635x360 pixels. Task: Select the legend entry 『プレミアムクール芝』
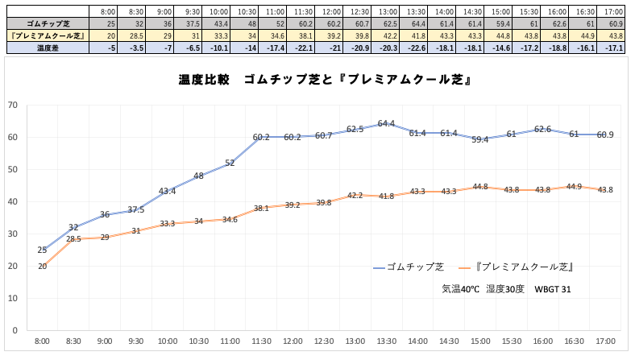pyautogui.click(x=523, y=267)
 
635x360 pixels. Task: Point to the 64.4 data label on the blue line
pyautogui.click(x=386, y=124)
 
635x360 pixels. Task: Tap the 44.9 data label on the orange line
pyautogui.click(x=575, y=187)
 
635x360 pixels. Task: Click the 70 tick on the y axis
pyautogui.click(x=12, y=105)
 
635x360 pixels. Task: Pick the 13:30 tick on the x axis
pyautogui.click(x=386, y=342)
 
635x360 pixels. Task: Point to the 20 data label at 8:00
pyautogui.click(x=42, y=267)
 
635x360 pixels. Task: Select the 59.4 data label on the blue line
pyautogui.click(x=480, y=140)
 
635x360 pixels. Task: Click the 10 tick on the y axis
pyautogui.click(x=12, y=298)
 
